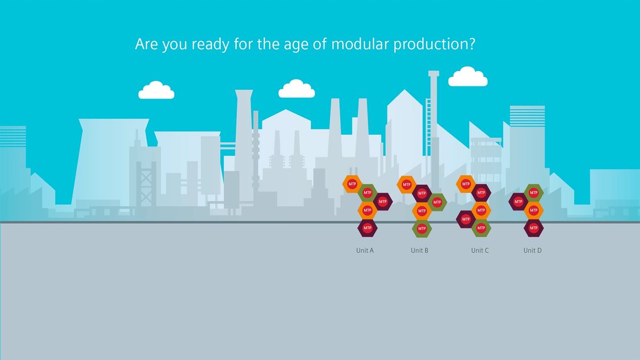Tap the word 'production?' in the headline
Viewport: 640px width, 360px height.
[434, 44]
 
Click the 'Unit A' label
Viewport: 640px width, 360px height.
[365, 250]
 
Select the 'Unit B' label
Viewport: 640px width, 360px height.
[420, 250]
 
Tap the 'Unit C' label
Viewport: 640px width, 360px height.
[480, 250]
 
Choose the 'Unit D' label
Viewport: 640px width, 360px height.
[532, 250]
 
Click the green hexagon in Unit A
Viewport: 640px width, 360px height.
[368, 193]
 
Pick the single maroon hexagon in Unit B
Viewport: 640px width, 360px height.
[422, 193]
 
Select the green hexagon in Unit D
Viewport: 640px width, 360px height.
[534, 193]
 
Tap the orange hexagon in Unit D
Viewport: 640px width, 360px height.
[534, 210]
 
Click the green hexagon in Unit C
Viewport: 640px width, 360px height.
[481, 227]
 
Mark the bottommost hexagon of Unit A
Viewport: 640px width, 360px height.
[368, 227]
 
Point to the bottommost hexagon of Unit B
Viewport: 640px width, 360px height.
[422, 229]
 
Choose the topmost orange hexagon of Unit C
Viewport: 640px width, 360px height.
[466, 184]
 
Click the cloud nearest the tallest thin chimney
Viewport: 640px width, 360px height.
[468, 77]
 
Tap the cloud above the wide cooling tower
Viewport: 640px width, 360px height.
[156, 90]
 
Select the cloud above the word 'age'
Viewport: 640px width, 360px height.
[297, 89]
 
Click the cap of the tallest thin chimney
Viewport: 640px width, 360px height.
[433, 73]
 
